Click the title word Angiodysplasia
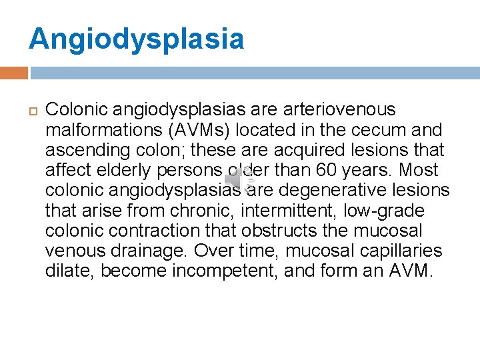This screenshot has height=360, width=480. (x=136, y=39)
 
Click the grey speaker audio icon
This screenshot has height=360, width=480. (x=239, y=179)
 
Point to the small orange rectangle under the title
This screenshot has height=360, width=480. (x=14, y=73)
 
